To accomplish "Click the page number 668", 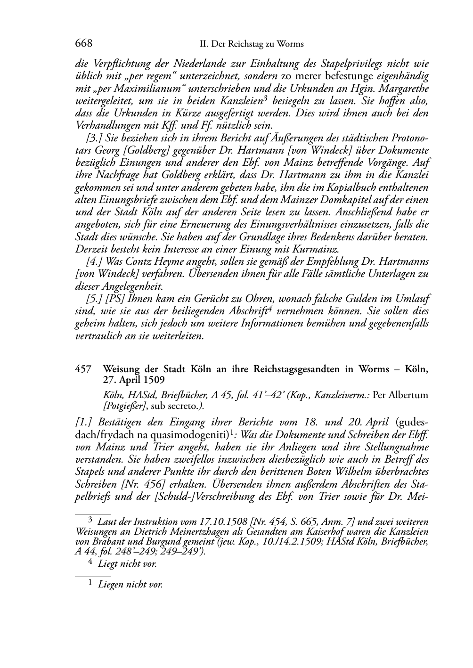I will pyautogui.click(x=83, y=44).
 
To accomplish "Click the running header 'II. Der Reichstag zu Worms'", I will pyautogui.click(x=252, y=44).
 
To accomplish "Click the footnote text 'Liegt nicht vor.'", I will pyautogui.click(x=127, y=563).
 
